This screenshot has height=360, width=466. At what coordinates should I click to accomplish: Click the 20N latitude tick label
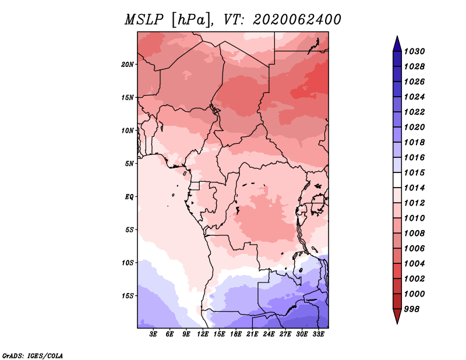(x=128, y=65)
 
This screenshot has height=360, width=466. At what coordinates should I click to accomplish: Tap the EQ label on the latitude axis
(x=129, y=197)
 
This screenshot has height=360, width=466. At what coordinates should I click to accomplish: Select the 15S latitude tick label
(x=128, y=296)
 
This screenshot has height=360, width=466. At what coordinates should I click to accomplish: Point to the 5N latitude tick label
(x=129, y=164)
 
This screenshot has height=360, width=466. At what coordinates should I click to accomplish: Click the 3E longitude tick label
(x=153, y=334)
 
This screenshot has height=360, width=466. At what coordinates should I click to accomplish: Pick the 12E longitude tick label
(x=203, y=334)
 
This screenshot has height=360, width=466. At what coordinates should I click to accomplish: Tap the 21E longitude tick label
(x=252, y=334)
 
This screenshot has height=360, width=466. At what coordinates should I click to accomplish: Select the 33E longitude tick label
(x=318, y=334)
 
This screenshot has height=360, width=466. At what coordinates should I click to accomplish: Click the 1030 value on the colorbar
(x=414, y=51)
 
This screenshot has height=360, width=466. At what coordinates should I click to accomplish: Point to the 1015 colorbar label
(x=414, y=172)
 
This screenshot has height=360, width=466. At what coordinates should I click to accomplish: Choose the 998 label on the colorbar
(x=412, y=309)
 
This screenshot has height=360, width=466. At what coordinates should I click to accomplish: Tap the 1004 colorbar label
(x=414, y=264)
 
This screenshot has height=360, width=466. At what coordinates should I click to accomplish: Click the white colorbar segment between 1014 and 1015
(x=397, y=180)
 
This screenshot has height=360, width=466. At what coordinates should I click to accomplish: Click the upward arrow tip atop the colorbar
(x=397, y=36)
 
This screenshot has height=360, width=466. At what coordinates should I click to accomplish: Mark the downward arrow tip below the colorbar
(x=397, y=324)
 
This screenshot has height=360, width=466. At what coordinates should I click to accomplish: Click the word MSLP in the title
(x=144, y=20)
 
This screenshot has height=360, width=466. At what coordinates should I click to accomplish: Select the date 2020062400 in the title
(x=296, y=20)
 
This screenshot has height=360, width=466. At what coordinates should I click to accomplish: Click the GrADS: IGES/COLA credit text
(x=33, y=356)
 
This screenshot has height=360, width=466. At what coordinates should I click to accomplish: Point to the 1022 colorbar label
(x=414, y=112)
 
